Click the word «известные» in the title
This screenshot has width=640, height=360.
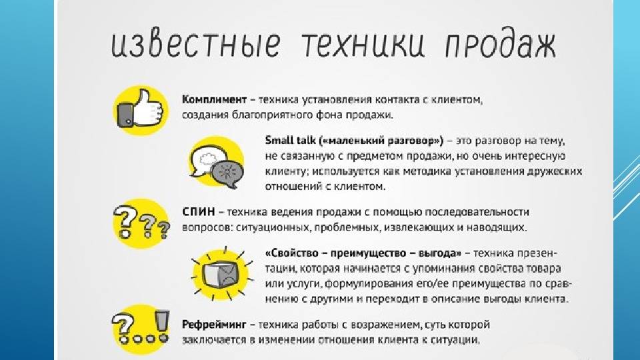196,44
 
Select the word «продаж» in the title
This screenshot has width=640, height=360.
500,45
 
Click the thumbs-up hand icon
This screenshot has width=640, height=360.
141,109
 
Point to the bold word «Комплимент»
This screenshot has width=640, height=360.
214,99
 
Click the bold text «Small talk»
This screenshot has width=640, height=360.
291,141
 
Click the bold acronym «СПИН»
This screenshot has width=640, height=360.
199,212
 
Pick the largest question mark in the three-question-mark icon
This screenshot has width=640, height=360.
124,221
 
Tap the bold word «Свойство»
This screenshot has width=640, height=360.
294,253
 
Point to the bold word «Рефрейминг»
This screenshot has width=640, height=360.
214,325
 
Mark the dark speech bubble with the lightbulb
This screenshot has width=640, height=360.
227,174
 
